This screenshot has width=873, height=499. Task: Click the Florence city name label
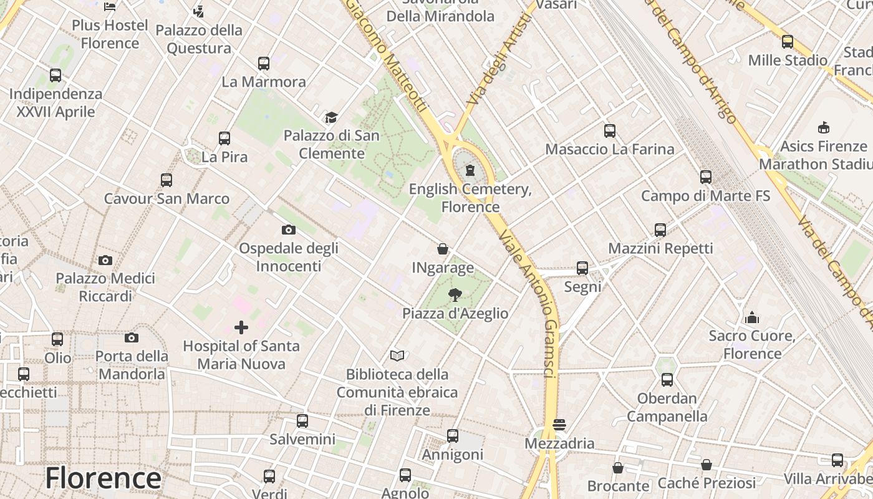[x=103, y=479]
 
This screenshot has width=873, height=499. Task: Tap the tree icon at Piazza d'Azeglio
[x=455, y=295]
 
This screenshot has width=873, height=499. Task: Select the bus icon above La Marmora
[x=264, y=64]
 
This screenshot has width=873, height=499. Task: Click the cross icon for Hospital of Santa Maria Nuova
[x=241, y=327]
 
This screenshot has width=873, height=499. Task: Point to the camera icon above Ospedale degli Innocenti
[x=288, y=230]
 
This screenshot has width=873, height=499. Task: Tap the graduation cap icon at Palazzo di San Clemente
[x=331, y=117]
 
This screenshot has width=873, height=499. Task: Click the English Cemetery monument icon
[x=470, y=170]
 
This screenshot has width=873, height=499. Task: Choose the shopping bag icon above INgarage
[x=443, y=249]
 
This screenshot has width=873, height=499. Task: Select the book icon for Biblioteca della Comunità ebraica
[x=397, y=356]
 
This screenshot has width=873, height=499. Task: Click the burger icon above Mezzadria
[x=559, y=425]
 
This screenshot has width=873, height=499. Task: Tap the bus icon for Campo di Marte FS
[x=706, y=177]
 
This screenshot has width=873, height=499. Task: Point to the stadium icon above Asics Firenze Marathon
[x=824, y=127]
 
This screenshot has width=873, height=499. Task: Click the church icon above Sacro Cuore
[x=752, y=317]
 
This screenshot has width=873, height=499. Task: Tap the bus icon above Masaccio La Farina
[x=610, y=131]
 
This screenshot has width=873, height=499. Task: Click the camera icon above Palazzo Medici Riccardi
[x=105, y=260]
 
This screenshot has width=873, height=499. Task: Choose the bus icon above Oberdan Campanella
[x=667, y=380]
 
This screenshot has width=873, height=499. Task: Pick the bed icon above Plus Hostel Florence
[x=110, y=7]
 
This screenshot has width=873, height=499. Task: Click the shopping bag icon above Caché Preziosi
[x=707, y=465]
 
